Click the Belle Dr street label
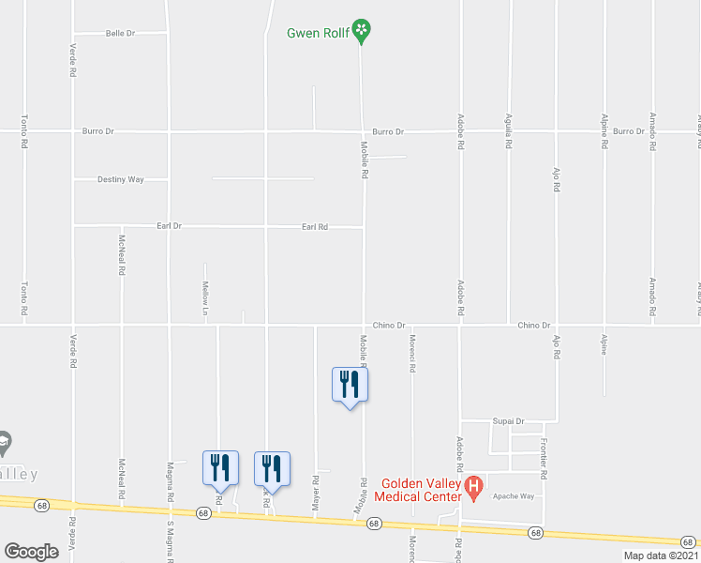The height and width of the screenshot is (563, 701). (121, 33)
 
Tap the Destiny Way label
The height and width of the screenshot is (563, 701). (121, 178)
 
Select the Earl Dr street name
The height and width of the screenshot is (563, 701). (168, 226)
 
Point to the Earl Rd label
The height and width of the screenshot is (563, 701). (315, 226)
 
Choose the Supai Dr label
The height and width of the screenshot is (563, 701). (508, 421)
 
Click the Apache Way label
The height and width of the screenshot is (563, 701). (515, 495)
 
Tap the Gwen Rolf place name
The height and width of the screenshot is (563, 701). (317, 32)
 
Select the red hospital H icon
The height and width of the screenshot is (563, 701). (474, 487)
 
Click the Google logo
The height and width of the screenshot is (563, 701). (31, 551)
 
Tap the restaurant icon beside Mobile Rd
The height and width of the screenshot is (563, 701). (350, 385)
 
